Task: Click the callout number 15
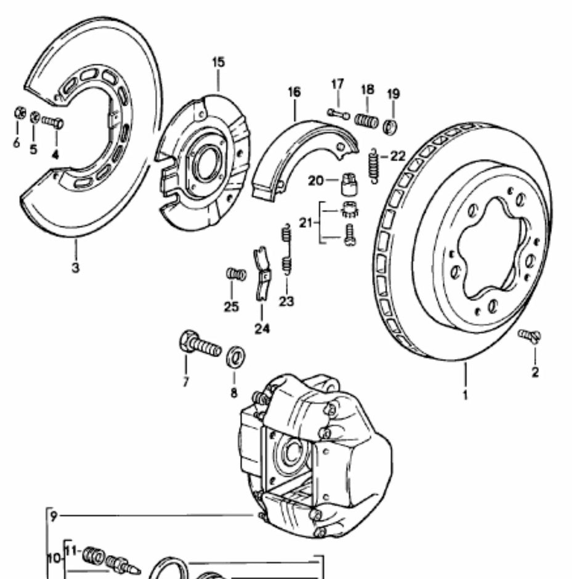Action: point(218,62)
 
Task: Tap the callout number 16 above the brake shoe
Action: point(294,92)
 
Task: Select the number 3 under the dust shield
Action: point(75,269)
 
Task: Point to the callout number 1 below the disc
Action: point(465,394)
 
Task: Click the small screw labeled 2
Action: point(529,336)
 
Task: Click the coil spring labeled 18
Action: point(366,120)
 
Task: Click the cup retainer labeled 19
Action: point(391,127)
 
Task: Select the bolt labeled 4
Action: point(53,122)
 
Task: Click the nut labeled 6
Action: point(18,113)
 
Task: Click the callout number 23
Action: point(286,301)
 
